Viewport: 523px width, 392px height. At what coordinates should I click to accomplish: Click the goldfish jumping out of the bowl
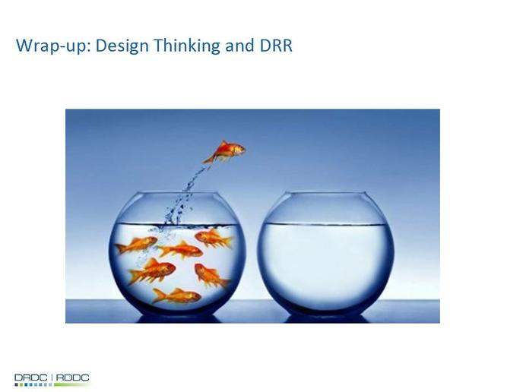click(225, 152)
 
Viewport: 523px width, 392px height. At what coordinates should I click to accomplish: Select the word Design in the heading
click(122, 46)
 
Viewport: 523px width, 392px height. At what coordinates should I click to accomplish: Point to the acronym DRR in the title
click(276, 46)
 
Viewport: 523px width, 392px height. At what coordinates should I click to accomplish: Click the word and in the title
click(239, 46)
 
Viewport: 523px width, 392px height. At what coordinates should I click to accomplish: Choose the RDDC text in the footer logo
click(73, 378)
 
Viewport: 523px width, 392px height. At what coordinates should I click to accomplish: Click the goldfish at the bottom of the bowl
click(176, 296)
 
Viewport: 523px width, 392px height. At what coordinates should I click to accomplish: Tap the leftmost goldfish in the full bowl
click(136, 245)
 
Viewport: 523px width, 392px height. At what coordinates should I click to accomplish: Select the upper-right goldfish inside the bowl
click(214, 238)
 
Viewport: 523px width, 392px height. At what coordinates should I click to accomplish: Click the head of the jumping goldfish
click(239, 150)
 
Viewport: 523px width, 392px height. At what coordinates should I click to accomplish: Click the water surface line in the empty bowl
click(326, 225)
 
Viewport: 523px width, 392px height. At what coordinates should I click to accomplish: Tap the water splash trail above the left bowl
click(183, 197)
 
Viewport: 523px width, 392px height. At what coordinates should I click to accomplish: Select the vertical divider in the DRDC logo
click(52, 378)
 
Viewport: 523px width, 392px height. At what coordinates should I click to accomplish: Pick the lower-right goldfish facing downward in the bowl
click(211, 275)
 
